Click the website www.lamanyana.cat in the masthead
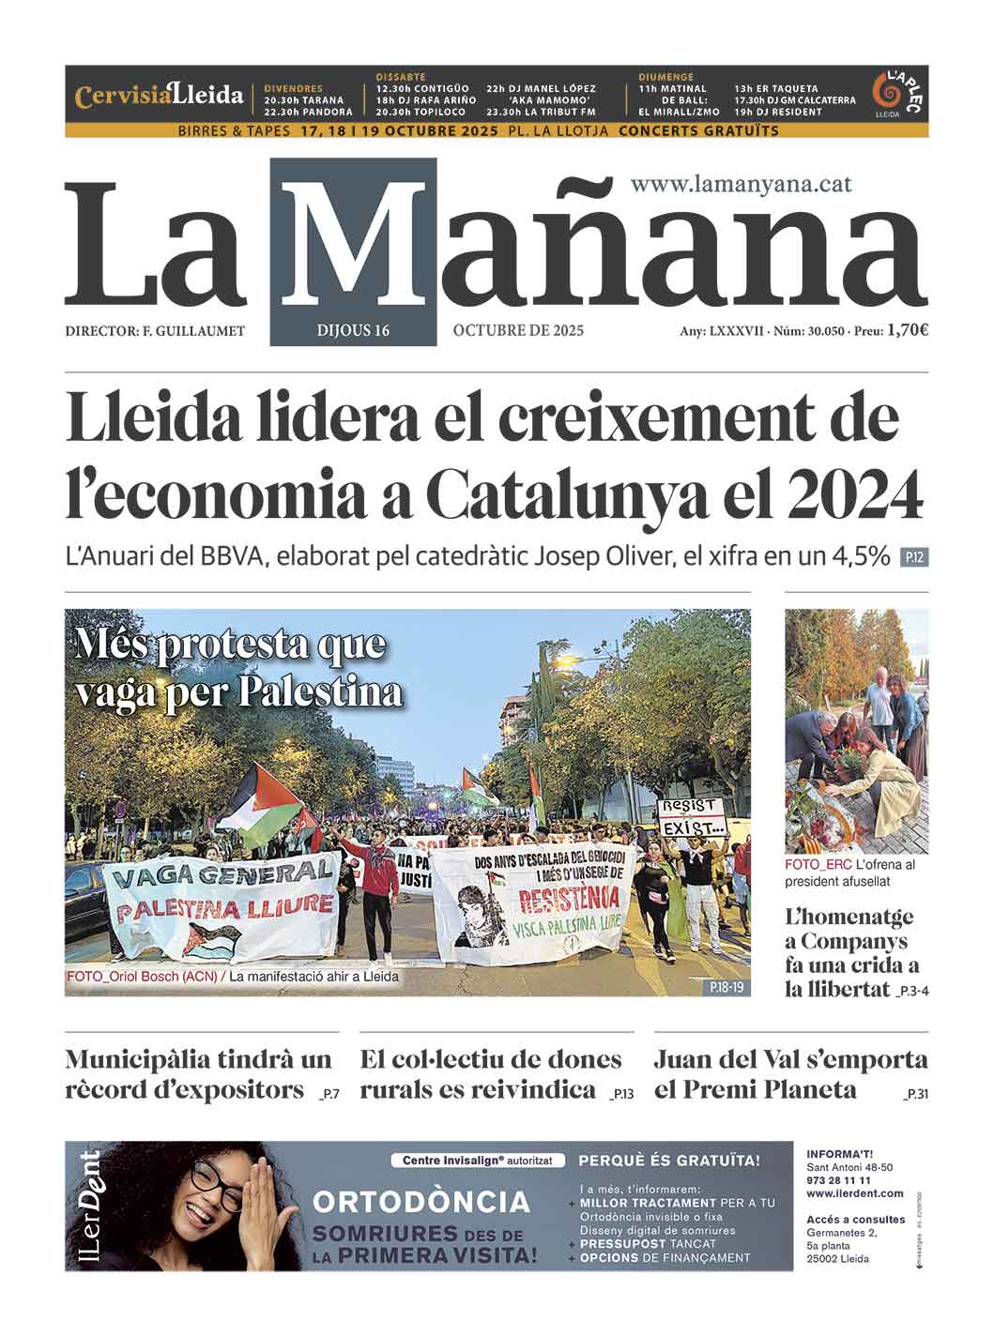[741, 184]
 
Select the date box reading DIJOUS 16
[353, 330]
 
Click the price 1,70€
[907, 330]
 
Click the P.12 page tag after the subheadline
[913, 558]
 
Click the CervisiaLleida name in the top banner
[160, 96]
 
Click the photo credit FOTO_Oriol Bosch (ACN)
[141, 977]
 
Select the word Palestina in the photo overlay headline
[321, 691]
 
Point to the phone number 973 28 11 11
[838, 1180]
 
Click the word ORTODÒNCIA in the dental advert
[421, 1202]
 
